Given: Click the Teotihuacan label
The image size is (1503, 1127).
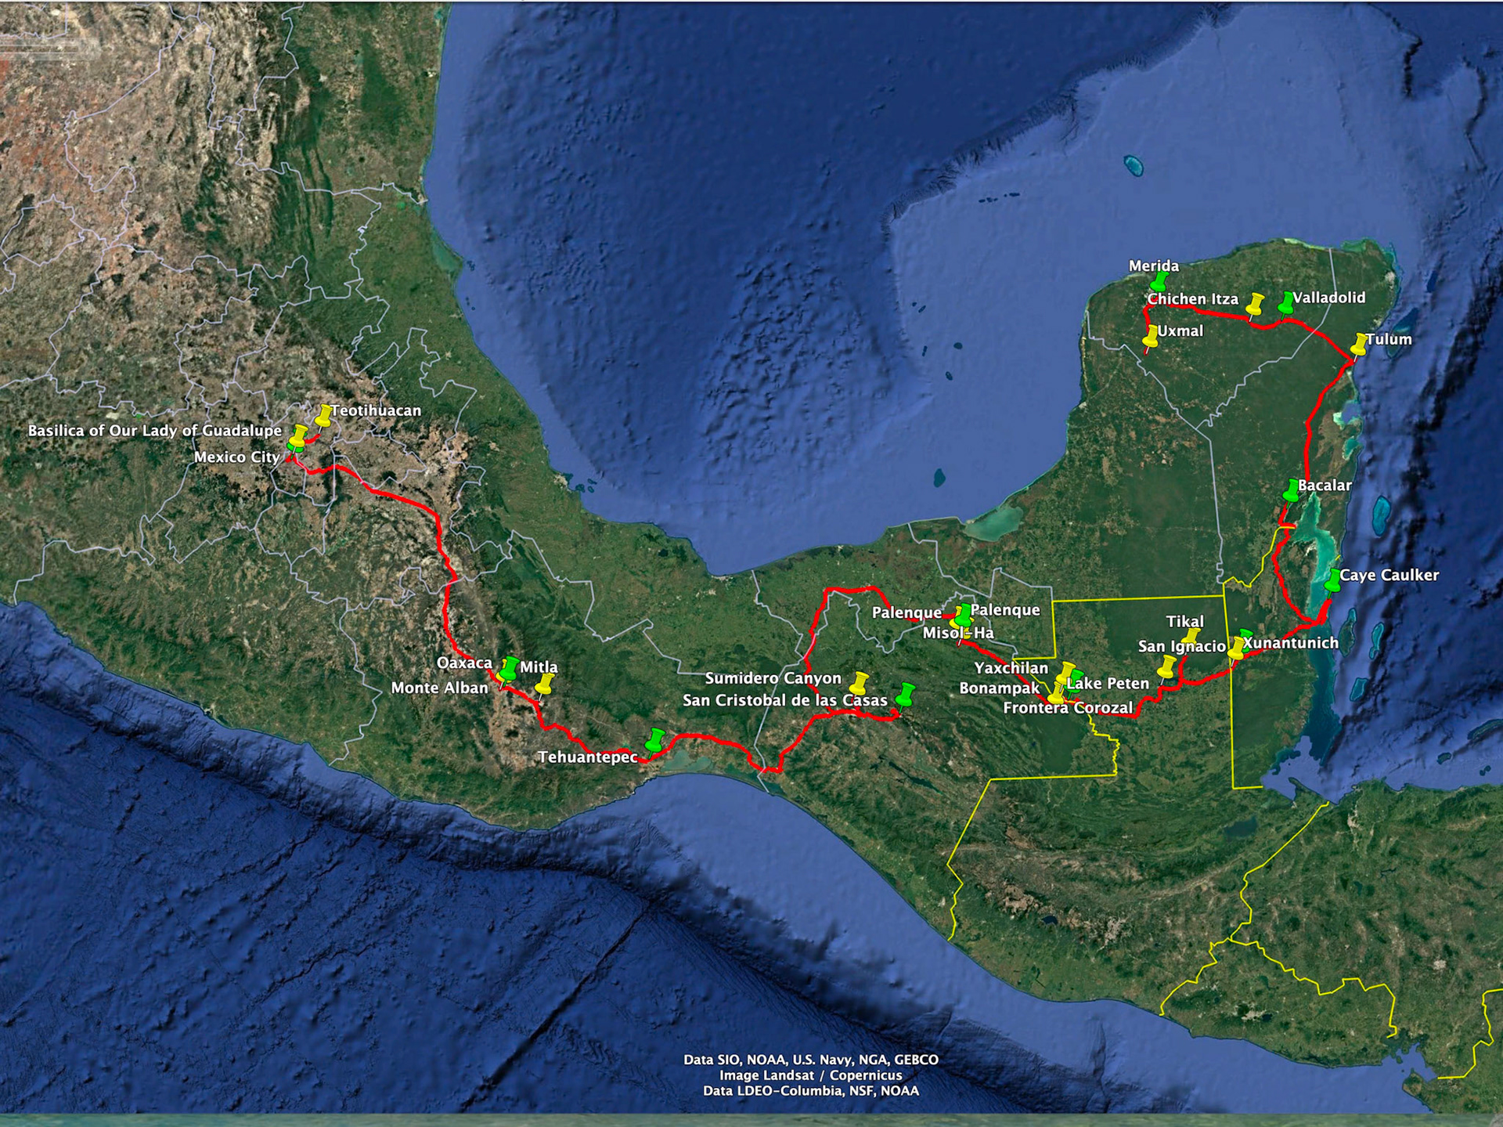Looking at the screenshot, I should (376, 410).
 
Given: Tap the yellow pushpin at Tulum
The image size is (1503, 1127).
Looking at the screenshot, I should (1360, 344).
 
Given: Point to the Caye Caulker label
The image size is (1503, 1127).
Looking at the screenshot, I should (1389, 575).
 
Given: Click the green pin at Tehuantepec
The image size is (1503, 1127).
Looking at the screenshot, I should (655, 739).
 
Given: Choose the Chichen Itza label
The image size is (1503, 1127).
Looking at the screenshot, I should (1192, 299).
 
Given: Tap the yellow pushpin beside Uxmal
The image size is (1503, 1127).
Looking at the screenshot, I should (1151, 336).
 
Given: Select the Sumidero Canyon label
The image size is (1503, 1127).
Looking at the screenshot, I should (773, 678).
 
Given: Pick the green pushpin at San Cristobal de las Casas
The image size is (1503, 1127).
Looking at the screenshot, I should (906, 694).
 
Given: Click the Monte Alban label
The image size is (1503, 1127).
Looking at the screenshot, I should (439, 688).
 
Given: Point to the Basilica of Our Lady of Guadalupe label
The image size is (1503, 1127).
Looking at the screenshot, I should (154, 431).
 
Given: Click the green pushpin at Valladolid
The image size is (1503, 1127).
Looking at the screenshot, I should (1286, 302).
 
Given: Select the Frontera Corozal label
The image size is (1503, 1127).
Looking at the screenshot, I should (1068, 708).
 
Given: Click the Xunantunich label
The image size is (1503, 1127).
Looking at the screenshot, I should (1290, 643).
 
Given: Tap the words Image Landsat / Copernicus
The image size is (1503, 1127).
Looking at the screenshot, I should (810, 1075).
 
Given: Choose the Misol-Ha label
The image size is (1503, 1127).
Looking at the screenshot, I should (958, 633).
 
